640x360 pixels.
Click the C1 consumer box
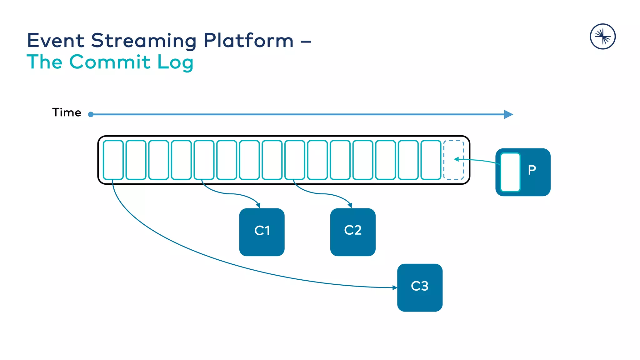tap(262, 232)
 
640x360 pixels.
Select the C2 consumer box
tap(353, 232)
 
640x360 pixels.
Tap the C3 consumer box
tap(420, 287)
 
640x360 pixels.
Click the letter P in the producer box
tap(532, 170)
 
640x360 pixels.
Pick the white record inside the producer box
tap(510, 172)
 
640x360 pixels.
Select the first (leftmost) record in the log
tap(113, 160)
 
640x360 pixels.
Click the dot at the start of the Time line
tap(91, 114)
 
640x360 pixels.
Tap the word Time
tap(67, 112)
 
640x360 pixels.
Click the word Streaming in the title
tap(144, 41)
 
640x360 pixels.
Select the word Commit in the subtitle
tap(110, 62)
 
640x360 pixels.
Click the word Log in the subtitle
tap(175, 62)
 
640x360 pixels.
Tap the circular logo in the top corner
tap(602, 37)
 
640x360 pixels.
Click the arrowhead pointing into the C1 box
tap(258, 205)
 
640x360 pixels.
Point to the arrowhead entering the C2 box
tap(350, 205)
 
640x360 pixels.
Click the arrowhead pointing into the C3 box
tap(395, 287)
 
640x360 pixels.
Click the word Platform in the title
tap(249, 41)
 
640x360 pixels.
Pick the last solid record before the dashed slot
tap(431, 160)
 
